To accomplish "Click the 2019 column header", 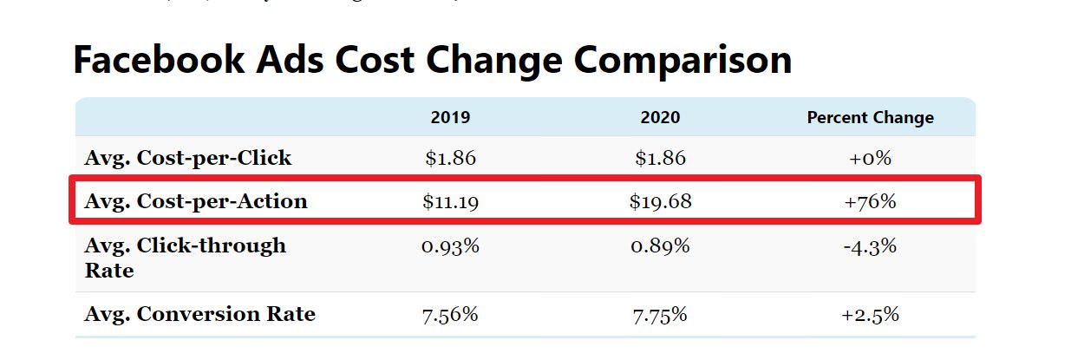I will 450,118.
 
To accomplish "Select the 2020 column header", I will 660,118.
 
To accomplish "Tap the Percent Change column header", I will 870,118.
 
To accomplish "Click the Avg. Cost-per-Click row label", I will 188,159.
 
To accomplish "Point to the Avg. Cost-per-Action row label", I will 196,202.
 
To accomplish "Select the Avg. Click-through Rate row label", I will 185,258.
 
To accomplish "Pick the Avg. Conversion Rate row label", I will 199,314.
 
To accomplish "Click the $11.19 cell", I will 450,202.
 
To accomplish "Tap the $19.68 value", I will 660,202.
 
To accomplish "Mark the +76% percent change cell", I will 870,202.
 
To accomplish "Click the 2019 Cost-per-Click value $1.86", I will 450,159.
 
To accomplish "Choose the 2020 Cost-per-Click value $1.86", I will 660,159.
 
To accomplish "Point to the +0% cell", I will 870,159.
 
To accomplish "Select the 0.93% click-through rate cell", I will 450,246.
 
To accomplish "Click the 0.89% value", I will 660,246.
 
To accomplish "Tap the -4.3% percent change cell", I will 870,246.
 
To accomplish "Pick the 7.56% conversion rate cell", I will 450,314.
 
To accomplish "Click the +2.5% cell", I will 870,314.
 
